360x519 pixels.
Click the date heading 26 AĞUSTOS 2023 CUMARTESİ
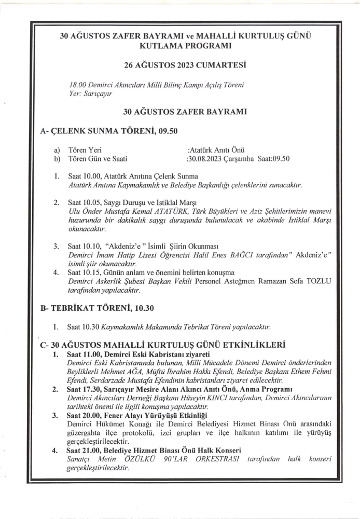pyautogui.click(x=184, y=66)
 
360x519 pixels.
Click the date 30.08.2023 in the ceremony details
pyautogui.click(x=203, y=159)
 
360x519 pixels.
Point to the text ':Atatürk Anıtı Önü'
pyautogui.click(x=219, y=150)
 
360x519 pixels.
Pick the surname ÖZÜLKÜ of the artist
pyautogui.click(x=149, y=459)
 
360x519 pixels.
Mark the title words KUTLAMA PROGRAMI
pyautogui.click(x=184, y=46)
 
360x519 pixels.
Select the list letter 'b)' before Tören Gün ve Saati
pyautogui.click(x=57, y=159)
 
